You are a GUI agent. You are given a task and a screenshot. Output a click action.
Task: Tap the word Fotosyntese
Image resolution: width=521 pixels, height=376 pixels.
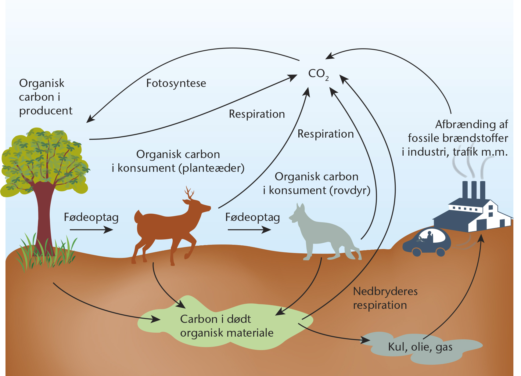(176, 83)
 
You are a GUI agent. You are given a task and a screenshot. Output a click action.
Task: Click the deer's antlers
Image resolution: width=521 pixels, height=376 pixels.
(189, 193)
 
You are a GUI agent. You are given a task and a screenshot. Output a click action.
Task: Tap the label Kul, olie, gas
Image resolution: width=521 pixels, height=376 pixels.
(420, 347)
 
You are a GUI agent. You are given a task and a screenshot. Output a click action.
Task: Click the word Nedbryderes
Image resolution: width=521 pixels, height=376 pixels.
(385, 291)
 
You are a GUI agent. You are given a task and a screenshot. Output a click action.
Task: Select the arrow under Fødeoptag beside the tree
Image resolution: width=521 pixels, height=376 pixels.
(92, 230)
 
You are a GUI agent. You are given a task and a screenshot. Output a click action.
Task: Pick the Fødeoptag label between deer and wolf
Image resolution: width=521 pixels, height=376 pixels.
(253, 218)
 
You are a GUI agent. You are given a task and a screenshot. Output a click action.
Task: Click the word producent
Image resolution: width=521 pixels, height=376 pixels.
(46, 111)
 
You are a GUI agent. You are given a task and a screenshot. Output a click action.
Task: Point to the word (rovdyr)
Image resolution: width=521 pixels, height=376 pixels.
(350, 191)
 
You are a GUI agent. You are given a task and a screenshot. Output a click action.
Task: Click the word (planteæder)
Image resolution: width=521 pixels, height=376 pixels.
(211, 168)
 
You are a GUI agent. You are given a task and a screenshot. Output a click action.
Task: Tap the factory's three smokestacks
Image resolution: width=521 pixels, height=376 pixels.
(474, 190)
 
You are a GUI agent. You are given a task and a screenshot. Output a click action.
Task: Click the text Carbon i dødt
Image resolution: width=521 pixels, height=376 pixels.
(216, 319)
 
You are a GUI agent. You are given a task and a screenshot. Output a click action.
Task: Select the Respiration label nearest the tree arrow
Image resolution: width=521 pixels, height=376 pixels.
(257, 114)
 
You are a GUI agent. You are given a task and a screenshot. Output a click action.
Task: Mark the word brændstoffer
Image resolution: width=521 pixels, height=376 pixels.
(475, 138)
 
